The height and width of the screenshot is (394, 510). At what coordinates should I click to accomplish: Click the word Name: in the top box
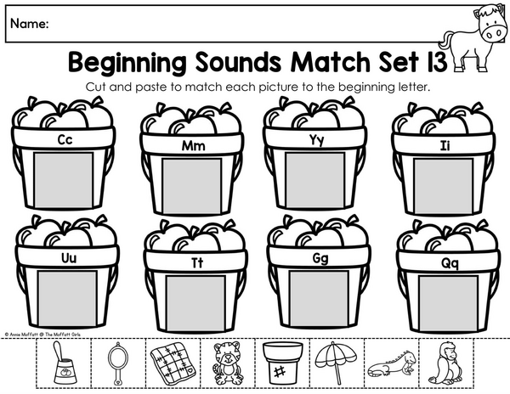30,24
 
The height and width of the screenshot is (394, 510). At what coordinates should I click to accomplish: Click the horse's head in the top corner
490,23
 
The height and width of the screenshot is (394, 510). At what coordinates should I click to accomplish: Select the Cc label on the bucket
65,139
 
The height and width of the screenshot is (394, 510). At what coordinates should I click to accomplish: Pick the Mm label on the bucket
194,146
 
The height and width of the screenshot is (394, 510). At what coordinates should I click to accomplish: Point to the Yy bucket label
316,140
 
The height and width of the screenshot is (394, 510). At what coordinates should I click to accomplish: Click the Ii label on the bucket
445,146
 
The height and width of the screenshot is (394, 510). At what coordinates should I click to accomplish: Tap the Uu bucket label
69,258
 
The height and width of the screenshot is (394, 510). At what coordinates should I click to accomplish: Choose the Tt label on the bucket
197,263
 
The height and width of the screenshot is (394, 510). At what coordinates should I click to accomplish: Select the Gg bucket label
320,259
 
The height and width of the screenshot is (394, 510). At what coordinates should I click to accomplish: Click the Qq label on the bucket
450,264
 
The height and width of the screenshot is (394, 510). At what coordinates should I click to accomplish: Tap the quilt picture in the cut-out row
173,363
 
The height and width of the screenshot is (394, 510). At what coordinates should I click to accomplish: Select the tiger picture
228,363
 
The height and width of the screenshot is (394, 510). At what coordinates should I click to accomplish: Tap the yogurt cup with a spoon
64,363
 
